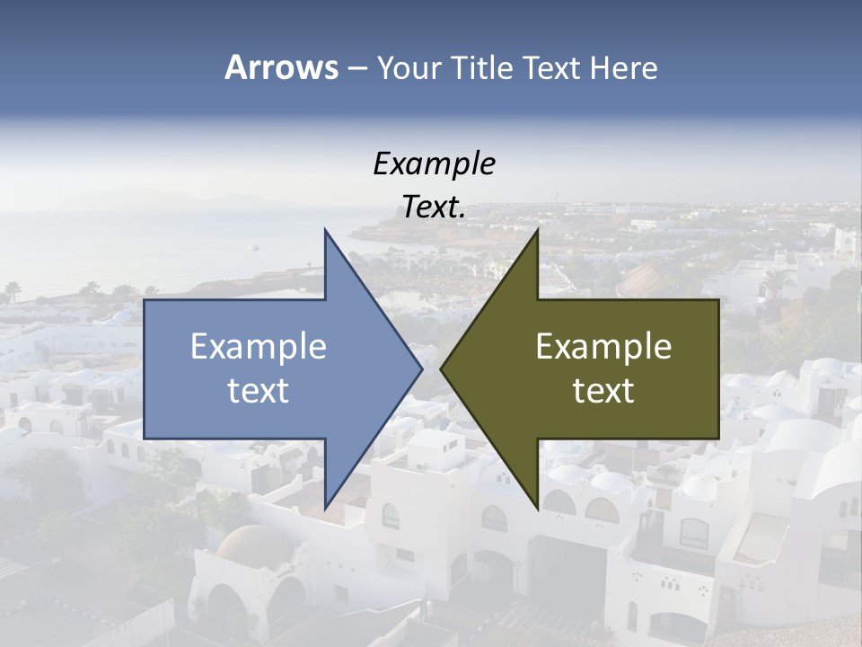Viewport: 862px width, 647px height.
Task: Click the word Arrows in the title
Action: click(281, 67)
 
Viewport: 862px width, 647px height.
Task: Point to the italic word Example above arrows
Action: click(434, 164)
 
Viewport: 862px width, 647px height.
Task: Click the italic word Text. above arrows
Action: click(434, 208)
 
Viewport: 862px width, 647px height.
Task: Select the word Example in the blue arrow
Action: click(258, 346)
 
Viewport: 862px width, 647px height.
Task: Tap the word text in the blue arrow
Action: click(258, 390)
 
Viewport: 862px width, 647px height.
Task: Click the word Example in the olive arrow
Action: click(603, 346)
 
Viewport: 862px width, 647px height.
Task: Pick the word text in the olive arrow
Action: click(603, 390)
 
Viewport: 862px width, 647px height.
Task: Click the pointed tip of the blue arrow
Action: click(422, 368)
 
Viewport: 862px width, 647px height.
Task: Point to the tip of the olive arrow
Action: click(441, 368)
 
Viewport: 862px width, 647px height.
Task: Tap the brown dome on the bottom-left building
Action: click(253, 544)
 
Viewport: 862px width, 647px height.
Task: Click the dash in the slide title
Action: click(356, 68)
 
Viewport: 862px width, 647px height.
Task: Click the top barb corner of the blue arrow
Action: click(325, 230)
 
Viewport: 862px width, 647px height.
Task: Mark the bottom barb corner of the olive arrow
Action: click(537, 508)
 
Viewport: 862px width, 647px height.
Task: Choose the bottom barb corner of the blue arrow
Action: click(325, 508)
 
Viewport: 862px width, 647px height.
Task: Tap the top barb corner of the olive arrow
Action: click(537, 230)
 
